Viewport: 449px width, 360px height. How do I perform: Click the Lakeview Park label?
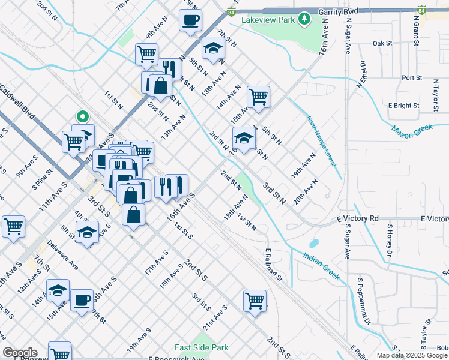point(268,20)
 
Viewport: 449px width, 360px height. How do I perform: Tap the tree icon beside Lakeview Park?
point(305,19)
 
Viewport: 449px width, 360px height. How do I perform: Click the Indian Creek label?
point(321,266)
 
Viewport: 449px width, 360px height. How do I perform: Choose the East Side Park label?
point(202,347)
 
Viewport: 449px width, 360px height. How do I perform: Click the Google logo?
point(20,353)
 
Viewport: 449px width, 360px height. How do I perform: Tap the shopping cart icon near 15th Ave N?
point(258,97)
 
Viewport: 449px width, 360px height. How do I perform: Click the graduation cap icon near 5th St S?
point(88,231)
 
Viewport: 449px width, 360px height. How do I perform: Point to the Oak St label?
point(382,43)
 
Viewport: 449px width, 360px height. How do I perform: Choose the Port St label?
point(412,78)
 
